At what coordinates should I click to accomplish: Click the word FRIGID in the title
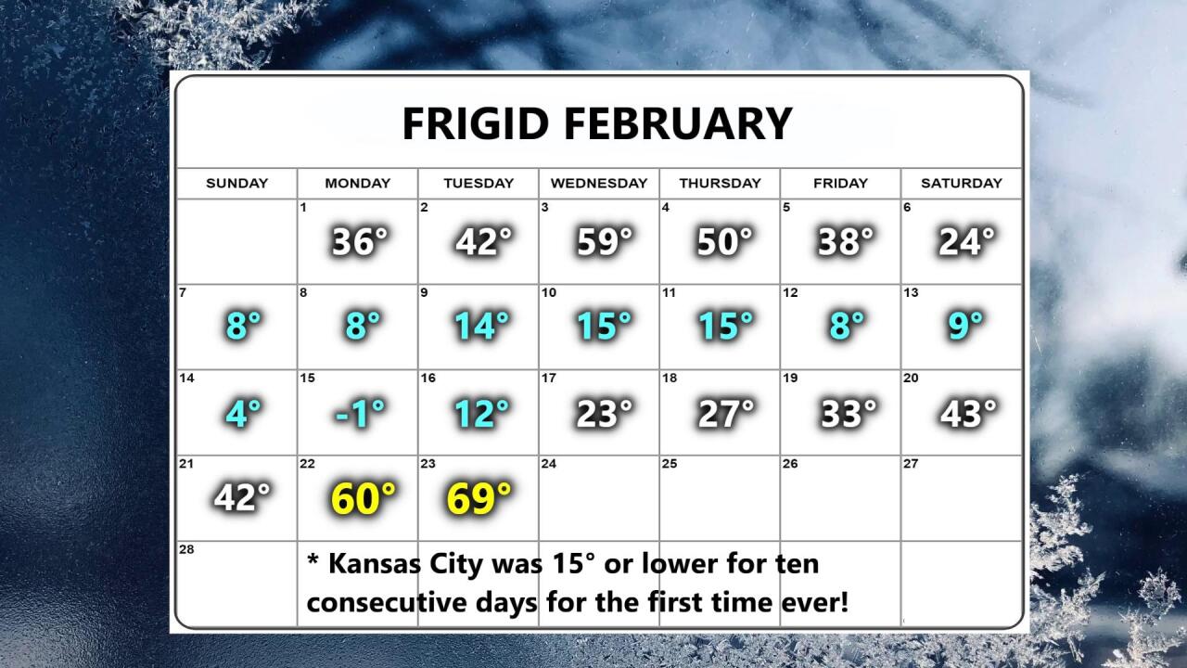point(476,123)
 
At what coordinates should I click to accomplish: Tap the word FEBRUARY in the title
point(678,123)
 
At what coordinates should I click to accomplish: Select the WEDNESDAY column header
point(599,183)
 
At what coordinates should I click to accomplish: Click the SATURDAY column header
point(962,183)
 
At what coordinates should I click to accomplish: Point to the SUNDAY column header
point(236,183)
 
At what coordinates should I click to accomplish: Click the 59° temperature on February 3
point(605,241)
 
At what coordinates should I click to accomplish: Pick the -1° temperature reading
point(361,413)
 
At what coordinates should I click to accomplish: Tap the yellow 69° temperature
point(479,498)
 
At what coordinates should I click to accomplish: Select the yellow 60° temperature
point(363,498)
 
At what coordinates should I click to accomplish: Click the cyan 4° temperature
point(243,413)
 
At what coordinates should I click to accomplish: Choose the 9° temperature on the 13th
point(965,325)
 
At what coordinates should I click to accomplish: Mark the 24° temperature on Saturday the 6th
point(967,241)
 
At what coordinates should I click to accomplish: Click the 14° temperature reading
point(481,325)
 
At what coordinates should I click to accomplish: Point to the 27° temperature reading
point(726,413)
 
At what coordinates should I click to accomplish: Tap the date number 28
point(186,549)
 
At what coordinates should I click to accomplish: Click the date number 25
point(670,464)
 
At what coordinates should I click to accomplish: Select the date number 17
point(549,378)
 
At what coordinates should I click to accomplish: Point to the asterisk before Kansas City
point(313,559)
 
